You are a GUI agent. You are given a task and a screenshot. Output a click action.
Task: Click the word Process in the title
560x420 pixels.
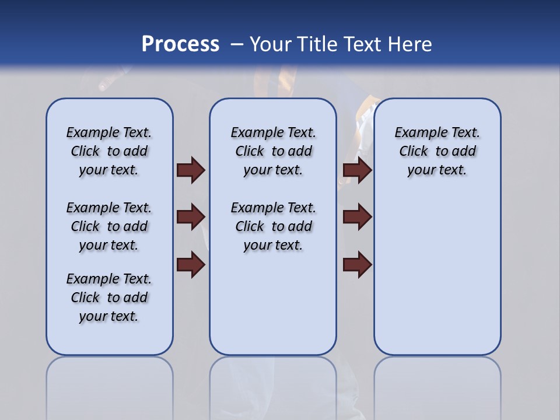pos(180,44)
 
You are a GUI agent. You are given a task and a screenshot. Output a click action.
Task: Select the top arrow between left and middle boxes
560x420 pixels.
pos(191,170)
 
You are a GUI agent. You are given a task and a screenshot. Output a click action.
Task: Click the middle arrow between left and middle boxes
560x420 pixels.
pos(191,218)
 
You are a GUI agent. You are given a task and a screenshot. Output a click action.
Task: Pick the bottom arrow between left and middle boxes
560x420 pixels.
pos(191,265)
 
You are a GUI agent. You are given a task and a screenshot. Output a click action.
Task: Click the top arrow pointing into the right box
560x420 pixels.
pos(358,170)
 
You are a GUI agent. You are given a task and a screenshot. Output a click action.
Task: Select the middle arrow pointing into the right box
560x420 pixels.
pos(358,218)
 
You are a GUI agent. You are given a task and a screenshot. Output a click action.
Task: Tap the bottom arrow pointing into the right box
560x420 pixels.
pos(358,265)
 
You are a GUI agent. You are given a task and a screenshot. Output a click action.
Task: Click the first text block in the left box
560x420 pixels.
pos(109,151)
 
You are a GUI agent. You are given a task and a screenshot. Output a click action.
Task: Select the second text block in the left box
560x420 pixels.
pos(109,226)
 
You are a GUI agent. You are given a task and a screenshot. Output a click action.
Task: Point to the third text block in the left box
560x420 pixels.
pos(109,297)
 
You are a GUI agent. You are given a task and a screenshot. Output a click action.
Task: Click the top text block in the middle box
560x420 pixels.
pos(273,151)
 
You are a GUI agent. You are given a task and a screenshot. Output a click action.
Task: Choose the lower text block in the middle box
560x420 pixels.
pos(273,226)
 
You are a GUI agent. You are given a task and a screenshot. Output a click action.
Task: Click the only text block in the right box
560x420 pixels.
pos(437,151)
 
